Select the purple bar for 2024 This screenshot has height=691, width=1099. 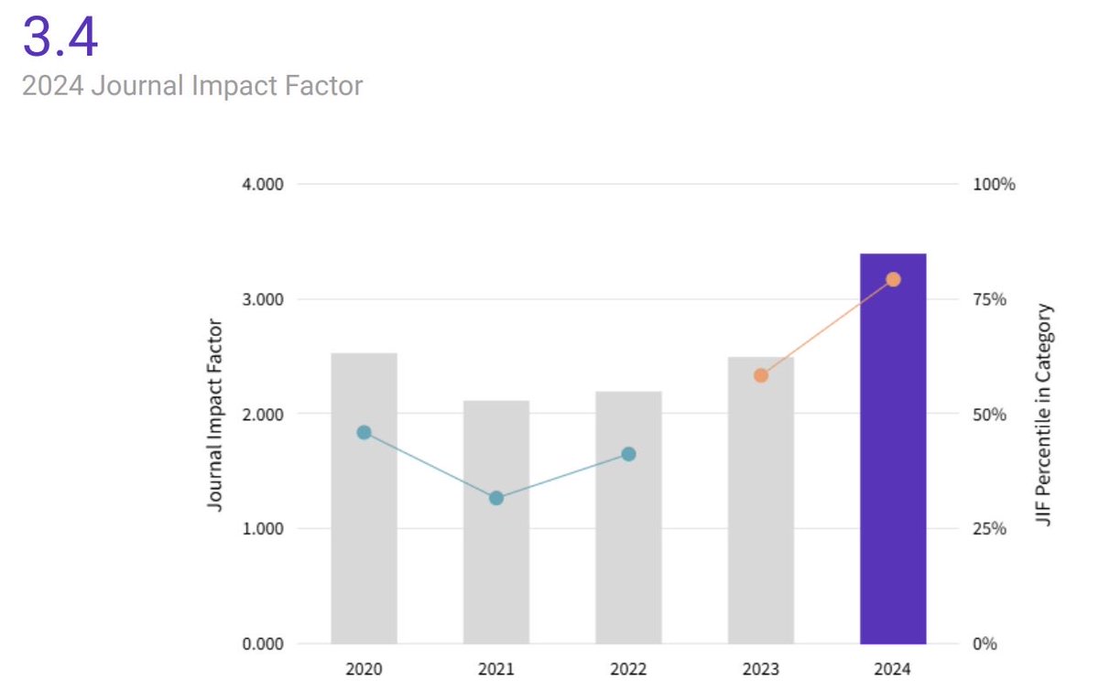click(893, 448)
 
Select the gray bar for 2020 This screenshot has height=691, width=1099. click(364, 498)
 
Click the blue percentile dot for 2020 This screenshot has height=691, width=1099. click(364, 432)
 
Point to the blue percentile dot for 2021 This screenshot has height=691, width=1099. click(496, 498)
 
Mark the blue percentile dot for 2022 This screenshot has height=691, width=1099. click(628, 454)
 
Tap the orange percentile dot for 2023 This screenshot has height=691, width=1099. click(760, 375)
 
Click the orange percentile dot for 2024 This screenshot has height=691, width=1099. click(894, 279)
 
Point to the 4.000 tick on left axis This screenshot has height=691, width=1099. click(263, 184)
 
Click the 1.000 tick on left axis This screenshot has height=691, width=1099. click(263, 529)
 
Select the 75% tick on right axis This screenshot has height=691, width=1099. click(989, 299)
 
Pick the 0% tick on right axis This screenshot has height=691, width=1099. click(984, 643)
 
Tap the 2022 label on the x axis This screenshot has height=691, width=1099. click(628, 669)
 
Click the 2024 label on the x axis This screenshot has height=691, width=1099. click(893, 669)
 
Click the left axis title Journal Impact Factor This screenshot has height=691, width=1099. click(215, 414)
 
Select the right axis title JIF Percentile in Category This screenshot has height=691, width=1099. click(1044, 414)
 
